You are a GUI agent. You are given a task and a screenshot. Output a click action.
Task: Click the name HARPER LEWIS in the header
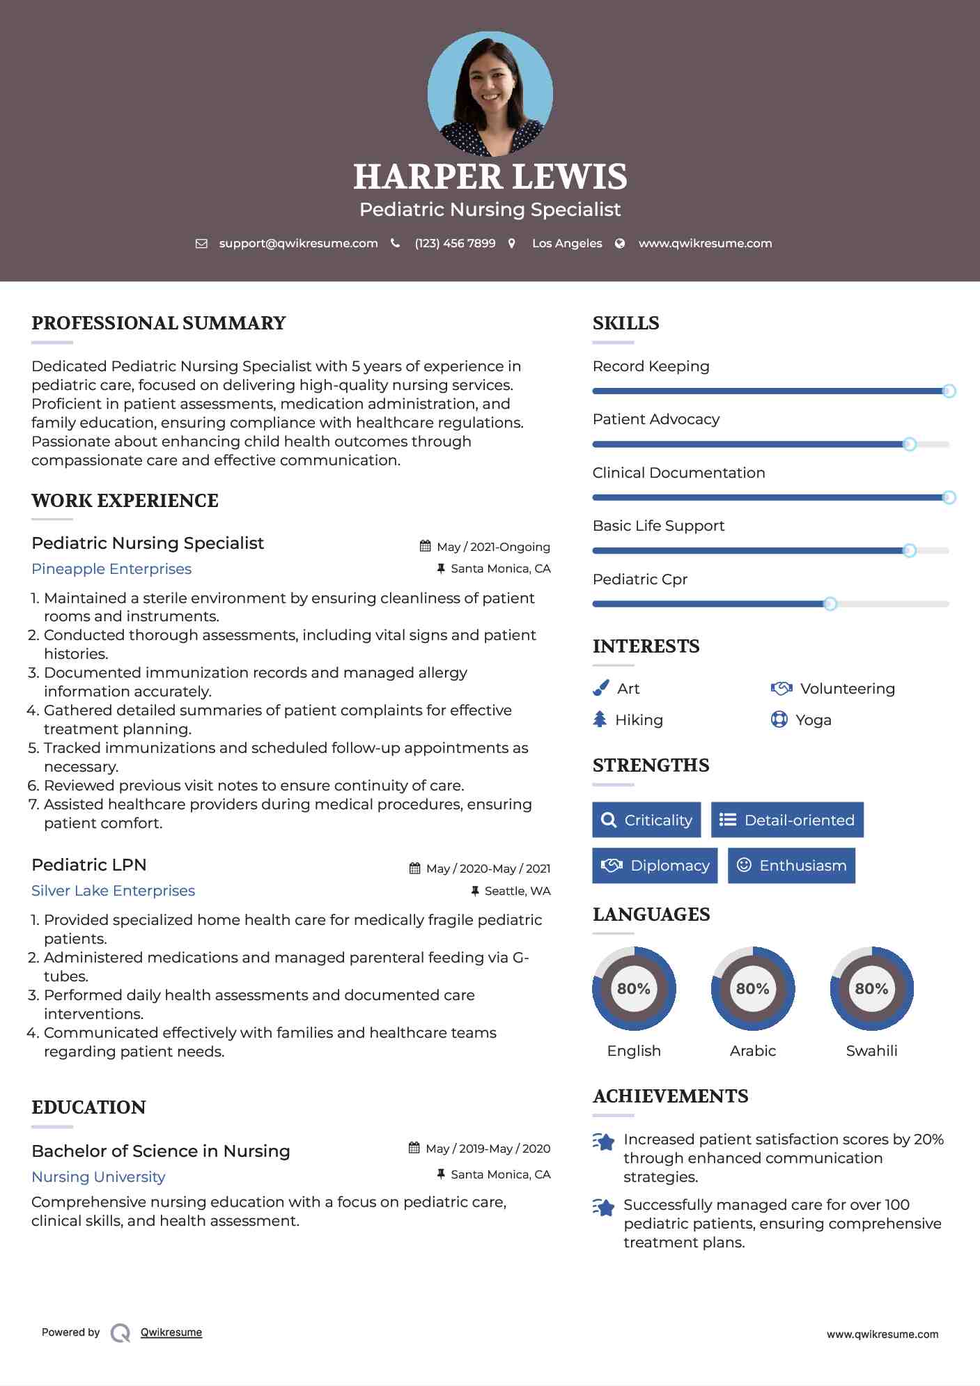click(x=490, y=177)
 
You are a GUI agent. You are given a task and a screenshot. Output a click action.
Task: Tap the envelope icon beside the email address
click(x=201, y=244)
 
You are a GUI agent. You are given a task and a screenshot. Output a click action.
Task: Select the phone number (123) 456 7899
click(x=455, y=244)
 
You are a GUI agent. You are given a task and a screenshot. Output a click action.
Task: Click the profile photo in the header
click(x=490, y=93)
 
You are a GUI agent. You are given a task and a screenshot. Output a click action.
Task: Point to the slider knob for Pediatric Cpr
click(x=830, y=604)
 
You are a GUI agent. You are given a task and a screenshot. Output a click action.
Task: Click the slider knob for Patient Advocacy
click(x=909, y=444)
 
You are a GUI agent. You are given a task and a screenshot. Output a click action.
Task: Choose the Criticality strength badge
click(x=646, y=820)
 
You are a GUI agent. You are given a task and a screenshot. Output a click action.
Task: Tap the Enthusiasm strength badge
click(x=791, y=866)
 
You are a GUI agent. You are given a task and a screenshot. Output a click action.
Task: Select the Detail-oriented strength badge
click(x=787, y=820)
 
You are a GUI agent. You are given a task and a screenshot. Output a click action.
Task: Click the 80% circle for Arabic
click(x=752, y=988)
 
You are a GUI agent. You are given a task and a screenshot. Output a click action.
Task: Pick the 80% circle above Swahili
click(x=871, y=988)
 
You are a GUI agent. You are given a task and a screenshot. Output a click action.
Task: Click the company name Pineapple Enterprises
click(x=111, y=569)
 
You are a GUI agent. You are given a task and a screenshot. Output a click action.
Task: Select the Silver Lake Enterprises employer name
click(x=113, y=891)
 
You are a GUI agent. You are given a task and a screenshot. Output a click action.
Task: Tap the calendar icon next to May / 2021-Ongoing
click(x=425, y=547)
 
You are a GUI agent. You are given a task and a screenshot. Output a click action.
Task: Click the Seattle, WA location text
click(x=518, y=891)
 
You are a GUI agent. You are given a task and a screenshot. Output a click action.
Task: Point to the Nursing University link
click(x=98, y=1177)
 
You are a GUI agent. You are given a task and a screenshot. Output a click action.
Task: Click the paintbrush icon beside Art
click(x=600, y=689)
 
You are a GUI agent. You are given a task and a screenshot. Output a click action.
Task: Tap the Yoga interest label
click(x=814, y=720)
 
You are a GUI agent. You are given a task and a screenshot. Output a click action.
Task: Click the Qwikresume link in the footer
click(x=171, y=1332)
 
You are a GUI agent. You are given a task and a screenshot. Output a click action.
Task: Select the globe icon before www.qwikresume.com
click(x=620, y=244)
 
